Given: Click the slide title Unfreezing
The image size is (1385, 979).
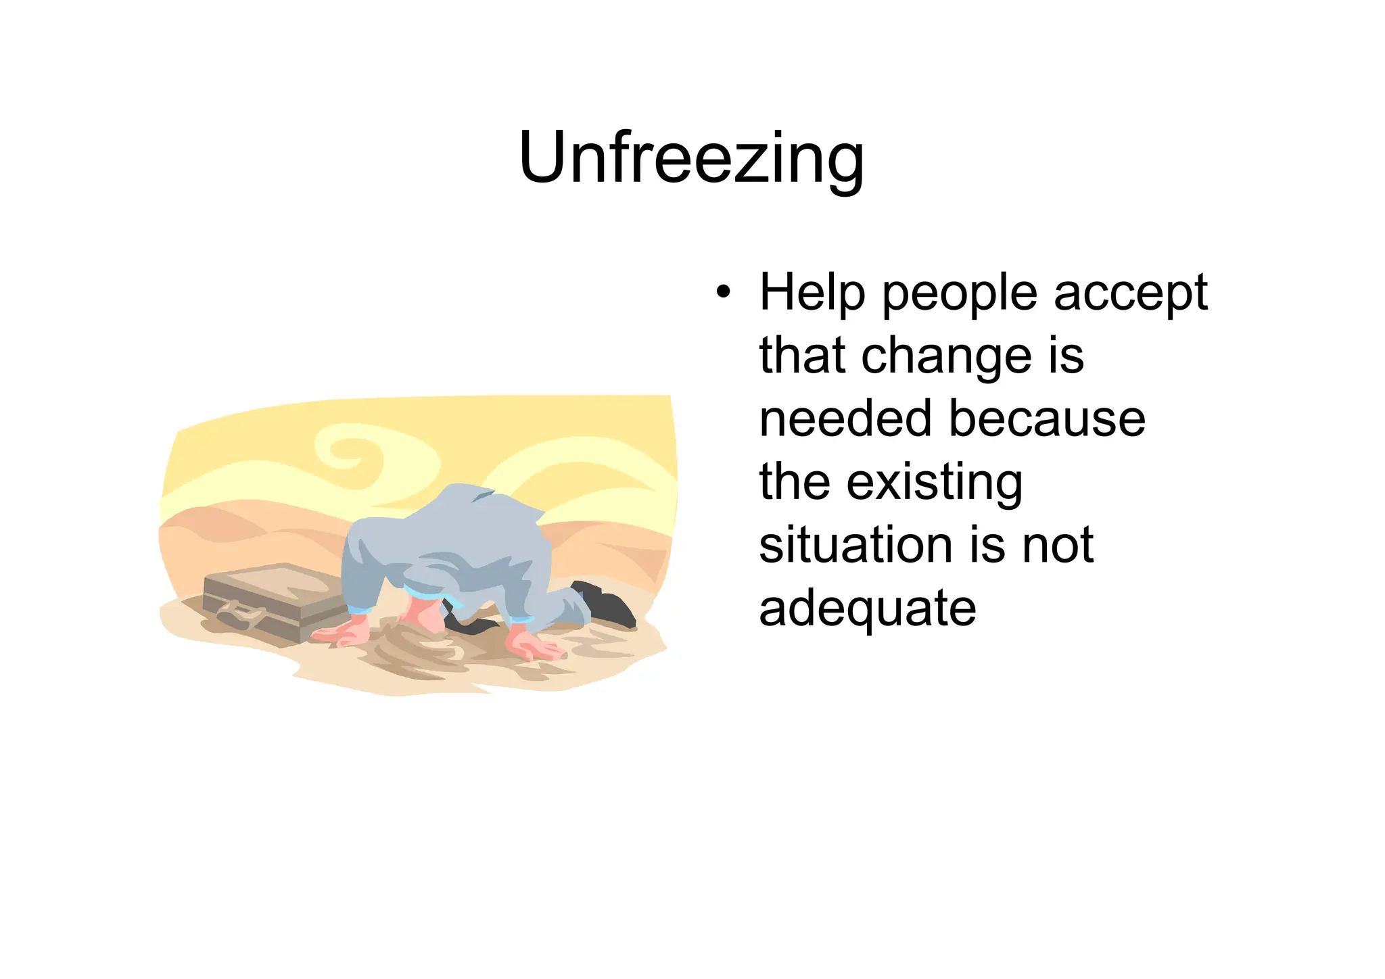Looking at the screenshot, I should (x=691, y=158).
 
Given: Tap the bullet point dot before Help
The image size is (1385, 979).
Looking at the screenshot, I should (x=724, y=293).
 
